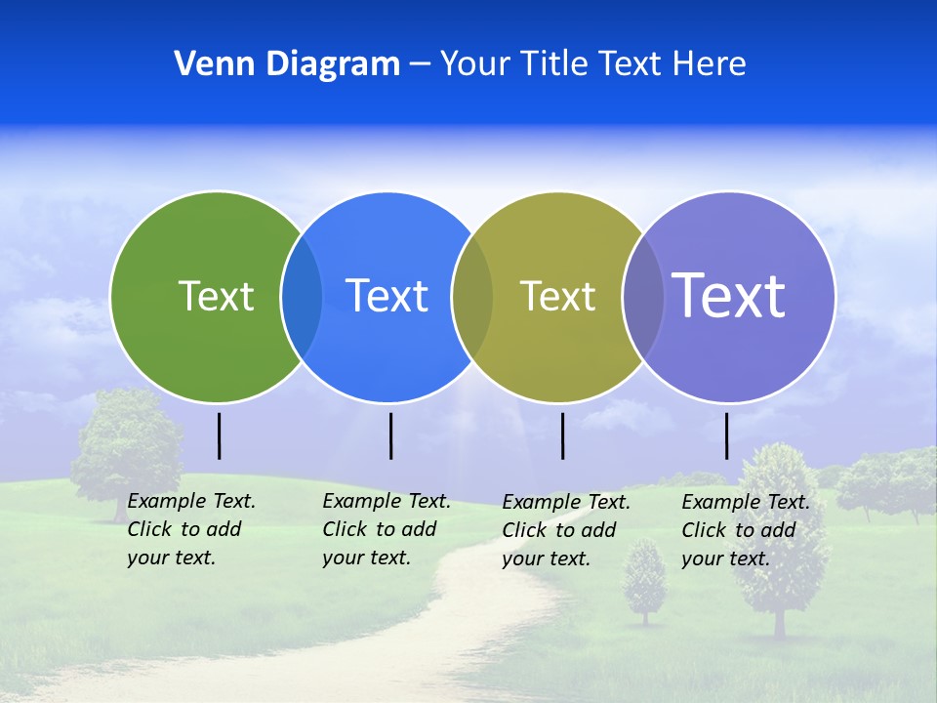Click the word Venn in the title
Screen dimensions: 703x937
[209, 64]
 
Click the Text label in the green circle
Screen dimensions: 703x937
[217, 296]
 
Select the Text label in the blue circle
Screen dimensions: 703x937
[387, 296]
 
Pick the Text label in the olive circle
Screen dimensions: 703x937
[558, 296]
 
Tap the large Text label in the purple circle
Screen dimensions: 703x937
[729, 295]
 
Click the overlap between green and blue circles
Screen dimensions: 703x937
[302, 296]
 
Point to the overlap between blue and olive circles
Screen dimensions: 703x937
[472, 296]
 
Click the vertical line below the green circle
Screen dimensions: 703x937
[220, 435]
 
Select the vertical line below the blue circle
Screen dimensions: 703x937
[390, 435]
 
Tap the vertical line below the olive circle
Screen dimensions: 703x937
[562, 435]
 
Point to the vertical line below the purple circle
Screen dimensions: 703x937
[726, 435]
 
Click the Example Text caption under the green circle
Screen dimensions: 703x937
[190, 529]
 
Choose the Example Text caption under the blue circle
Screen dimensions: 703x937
[386, 529]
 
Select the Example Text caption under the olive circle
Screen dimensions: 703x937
[565, 530]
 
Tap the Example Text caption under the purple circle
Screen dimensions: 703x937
[745, 530]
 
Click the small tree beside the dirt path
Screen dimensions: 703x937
[644, 581]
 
